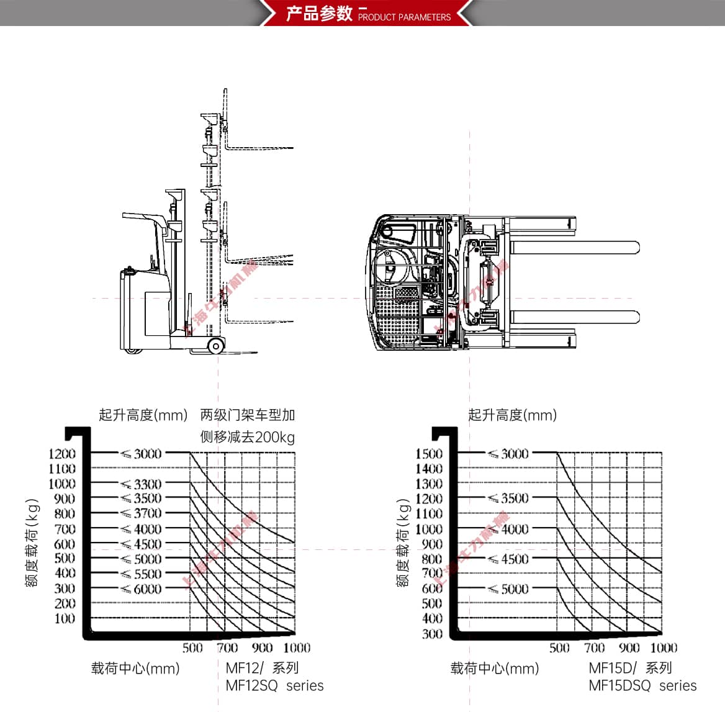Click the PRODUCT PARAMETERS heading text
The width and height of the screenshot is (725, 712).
tap(404, 17)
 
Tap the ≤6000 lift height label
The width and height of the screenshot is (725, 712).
tap(142, 589)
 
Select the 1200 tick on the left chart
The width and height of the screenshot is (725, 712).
tap(62, 454)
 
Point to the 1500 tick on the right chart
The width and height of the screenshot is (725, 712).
tap(429, 454)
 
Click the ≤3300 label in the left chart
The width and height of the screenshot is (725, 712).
tap(142, 484)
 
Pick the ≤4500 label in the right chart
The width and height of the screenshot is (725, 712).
tap(508, 559)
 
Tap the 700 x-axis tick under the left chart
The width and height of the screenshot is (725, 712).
tap(227, 648)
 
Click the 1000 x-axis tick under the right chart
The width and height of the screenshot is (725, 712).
tap(664, 648)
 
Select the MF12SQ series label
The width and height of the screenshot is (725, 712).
tap(274, 686)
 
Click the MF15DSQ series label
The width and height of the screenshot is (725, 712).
tap(642, 686)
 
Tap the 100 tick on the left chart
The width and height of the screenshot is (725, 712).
tap(65, 619)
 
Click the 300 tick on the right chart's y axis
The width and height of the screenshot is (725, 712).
tap(432, 634)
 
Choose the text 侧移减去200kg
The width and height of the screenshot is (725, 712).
tap(247, 437)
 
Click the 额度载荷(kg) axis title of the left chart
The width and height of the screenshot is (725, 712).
tap(32, 543)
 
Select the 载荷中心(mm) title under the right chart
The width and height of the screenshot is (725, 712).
tap(495, 669)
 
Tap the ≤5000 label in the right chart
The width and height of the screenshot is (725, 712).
tap(508, 589)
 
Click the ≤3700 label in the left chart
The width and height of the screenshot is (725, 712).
tap(142, 513)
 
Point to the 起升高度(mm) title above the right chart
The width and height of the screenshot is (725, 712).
tap(512, 415)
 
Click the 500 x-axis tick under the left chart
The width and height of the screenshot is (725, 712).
tap(192, 648)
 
